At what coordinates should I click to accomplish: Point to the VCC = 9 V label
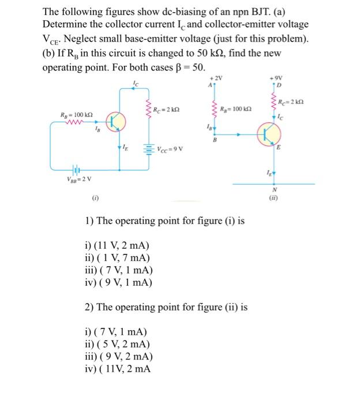point(173,151)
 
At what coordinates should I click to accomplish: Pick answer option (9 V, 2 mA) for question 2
point(121,357)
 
